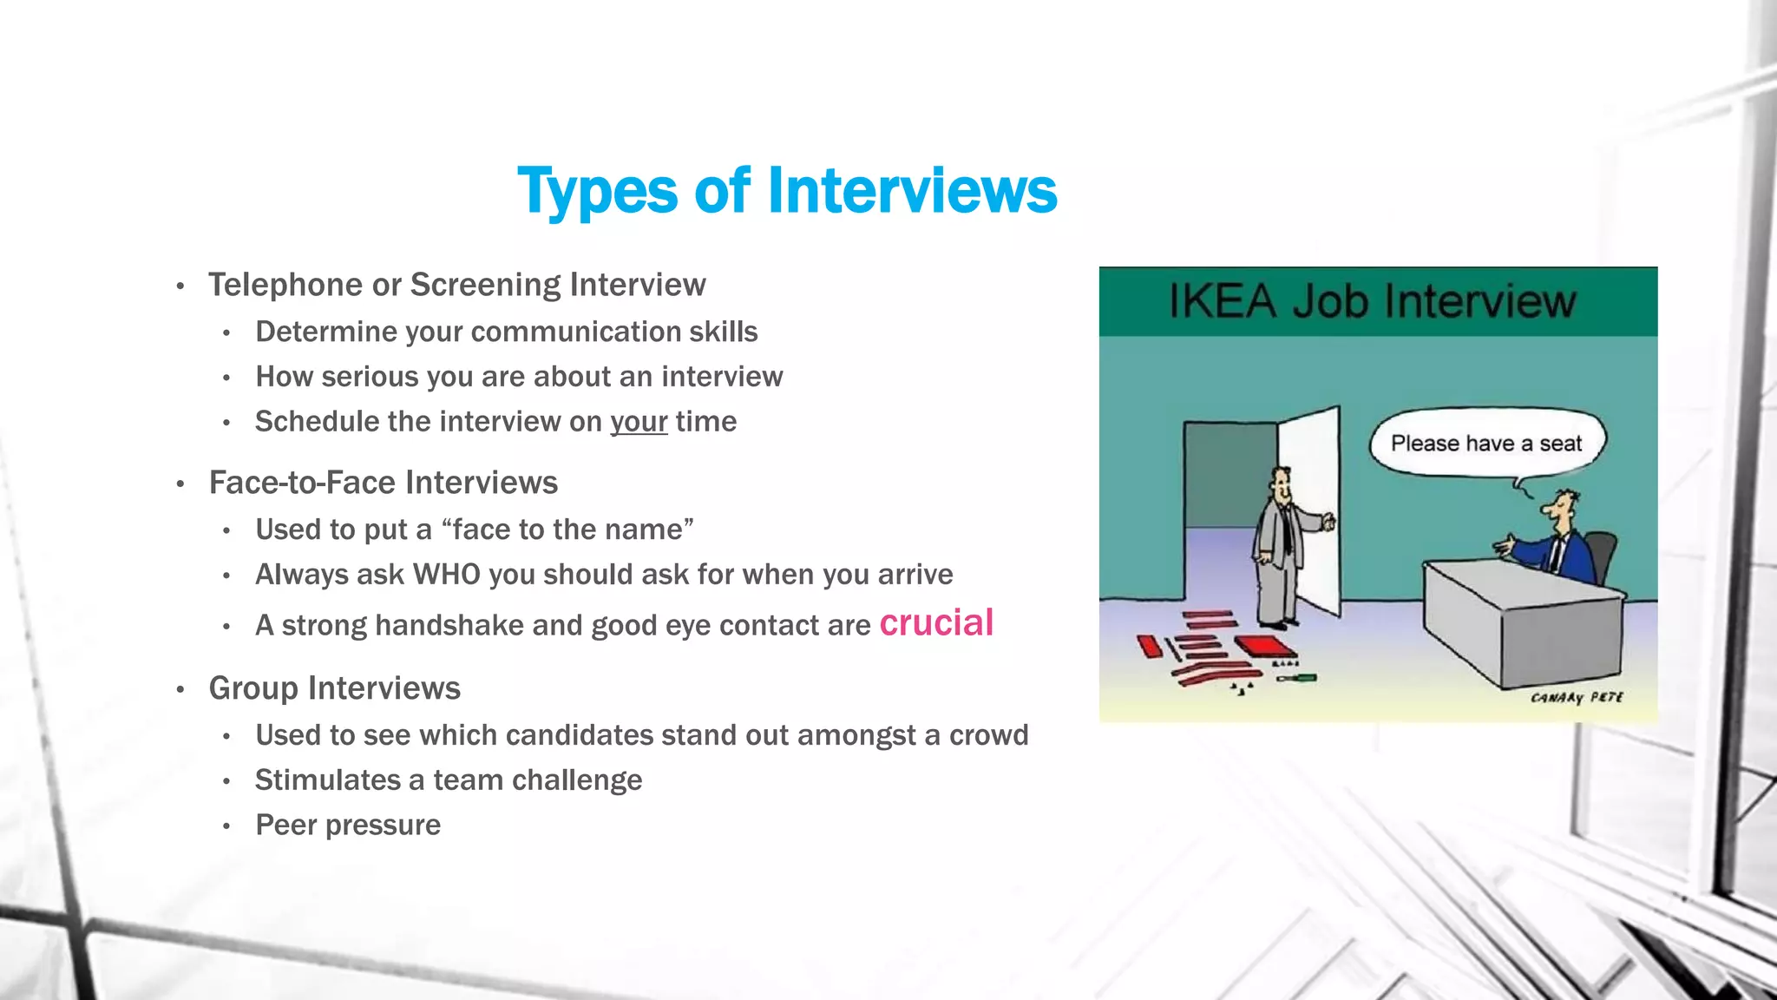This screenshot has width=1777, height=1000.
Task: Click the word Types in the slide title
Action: pyautogui.click(x=597, y=191)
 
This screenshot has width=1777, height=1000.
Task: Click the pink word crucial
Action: pyautogui.click(x=936, y=623)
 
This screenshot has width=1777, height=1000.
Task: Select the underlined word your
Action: pyautogui.click(x=639, y=422)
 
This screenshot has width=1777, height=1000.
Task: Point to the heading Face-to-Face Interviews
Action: pyautogui.click(x=383, y=483)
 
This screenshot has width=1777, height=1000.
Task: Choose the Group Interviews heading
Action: pyautogui.click(x=334, y=688)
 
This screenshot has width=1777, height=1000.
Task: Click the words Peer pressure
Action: pyautogui.click(x=348, y=825)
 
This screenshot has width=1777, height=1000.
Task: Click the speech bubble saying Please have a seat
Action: pyautogui.click(x=1486, y=444)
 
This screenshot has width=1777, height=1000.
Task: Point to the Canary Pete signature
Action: pyautogui.click(x=1577, y=698)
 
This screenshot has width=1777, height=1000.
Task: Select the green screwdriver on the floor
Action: pyautogui.click(x=1296, y=677)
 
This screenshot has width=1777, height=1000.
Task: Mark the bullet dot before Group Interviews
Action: pyautogui.click(x=180, y=690)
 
